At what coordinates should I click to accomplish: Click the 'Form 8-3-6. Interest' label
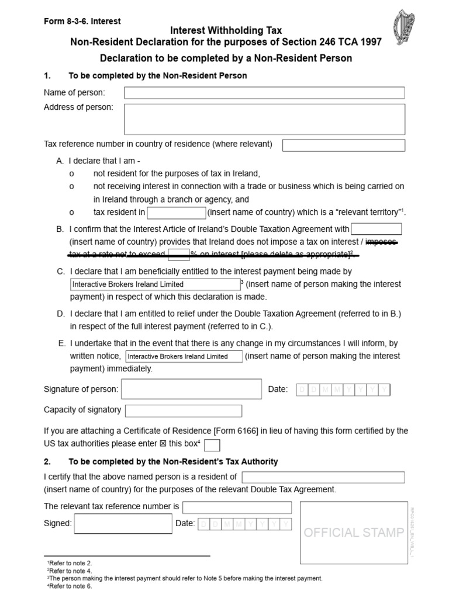click(x=82, y=21)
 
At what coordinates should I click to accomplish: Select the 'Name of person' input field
click(x=264, y=93)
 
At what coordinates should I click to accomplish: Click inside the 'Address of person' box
click(x=264, y=119)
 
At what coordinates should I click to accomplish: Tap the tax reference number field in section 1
click(x=344, y=145)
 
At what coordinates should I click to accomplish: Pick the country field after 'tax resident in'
click(x=177, y=213)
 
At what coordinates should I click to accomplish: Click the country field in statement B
click(x=377, y=229)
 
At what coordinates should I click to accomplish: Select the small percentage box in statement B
click(x=178, y=254)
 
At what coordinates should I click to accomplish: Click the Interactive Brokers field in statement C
click(x=154, y=284)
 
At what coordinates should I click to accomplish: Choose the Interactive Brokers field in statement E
click(x=185, y=356)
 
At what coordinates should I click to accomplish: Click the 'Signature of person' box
click(x=191, y=389)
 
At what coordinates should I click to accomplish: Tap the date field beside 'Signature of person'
click(x=343, y=390)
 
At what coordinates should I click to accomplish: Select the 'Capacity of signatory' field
click(x=184, y=411)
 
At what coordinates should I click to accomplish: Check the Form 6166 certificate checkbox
click(x=212, y=446)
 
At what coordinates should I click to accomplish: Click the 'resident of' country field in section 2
click(x=323, y=477)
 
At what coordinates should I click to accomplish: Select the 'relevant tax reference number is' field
click(x=237, y=507)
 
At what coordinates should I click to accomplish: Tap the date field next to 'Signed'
click(x=244, y=524)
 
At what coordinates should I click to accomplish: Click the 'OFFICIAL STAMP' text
click(x=354, y=533)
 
